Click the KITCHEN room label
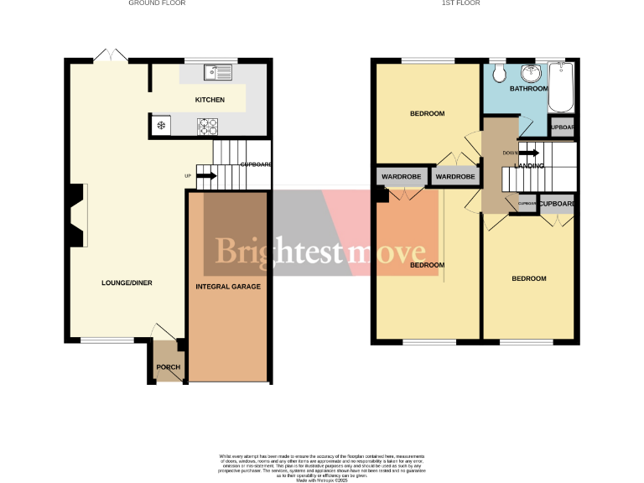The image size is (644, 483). (210, 100)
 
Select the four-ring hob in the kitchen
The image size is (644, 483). (207, 127)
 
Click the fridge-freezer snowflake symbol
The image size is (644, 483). (160, 127)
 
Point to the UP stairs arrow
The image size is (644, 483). (206, 176)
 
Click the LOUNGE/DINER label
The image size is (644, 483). (125, 282)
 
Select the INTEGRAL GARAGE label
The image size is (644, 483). (228, 287)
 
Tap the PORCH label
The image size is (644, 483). (168, 367)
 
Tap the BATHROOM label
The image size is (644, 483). (528, 89)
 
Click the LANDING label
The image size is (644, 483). (529, 166)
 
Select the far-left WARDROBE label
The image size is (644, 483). (401, 178)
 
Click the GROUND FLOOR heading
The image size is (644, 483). (157, 3)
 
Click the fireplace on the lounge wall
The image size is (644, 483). (75, 215)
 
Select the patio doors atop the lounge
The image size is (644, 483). (110, 55)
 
